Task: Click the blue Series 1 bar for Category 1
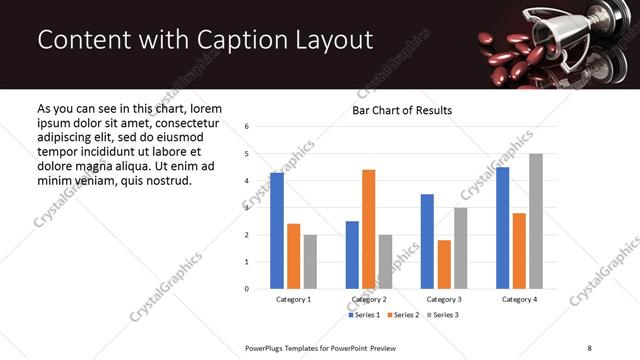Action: (277, 231)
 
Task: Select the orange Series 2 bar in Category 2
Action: (368, 229)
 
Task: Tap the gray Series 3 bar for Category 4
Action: (535, 221)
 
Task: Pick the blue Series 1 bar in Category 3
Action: (427, 241)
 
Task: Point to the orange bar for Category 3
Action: (444, 264)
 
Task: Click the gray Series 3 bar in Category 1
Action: (310, 262)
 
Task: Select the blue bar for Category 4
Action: (502, 228)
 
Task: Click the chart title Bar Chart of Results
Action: (402, 110)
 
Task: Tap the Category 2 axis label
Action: (369, 299)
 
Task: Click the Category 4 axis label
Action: (518, 299)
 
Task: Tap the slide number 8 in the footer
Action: (588, 346)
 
